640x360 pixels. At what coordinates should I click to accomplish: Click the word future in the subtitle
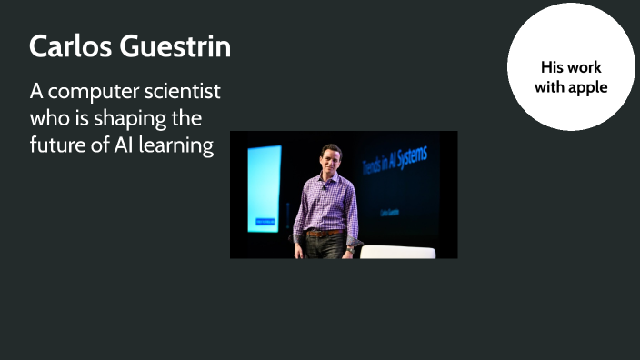[58, 145]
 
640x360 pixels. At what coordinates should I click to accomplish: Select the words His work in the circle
[571, 67]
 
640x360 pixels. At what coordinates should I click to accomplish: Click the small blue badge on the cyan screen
[265, 220]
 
